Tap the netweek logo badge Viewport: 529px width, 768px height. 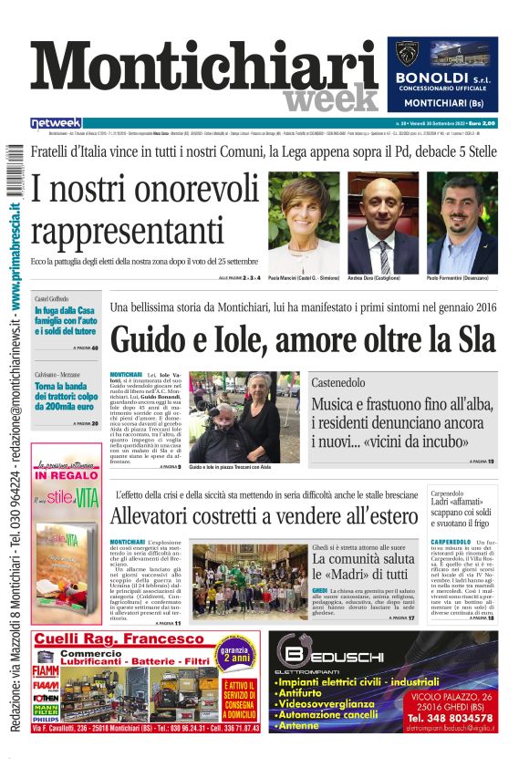[56, 122]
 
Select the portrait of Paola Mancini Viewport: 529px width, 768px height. [304, 223]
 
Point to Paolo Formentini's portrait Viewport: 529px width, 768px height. [462, 223]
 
